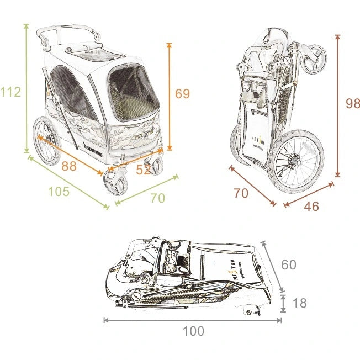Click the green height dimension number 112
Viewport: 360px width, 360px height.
point(10,92)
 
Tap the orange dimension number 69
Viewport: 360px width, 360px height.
point(182,94)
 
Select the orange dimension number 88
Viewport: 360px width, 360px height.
point(69,166)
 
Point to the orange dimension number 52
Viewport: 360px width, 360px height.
point(144,171)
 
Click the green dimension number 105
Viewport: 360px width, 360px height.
point(59,192)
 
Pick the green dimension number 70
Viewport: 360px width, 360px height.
point(157,198)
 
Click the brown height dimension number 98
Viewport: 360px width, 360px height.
point(352,104)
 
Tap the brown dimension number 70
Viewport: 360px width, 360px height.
point(241,194)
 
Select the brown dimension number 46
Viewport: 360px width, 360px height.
point(311,207)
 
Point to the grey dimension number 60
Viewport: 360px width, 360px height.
point(288,264)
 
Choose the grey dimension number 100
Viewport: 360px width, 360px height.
point(193,331)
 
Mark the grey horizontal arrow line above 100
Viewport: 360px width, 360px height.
point(193,320)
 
